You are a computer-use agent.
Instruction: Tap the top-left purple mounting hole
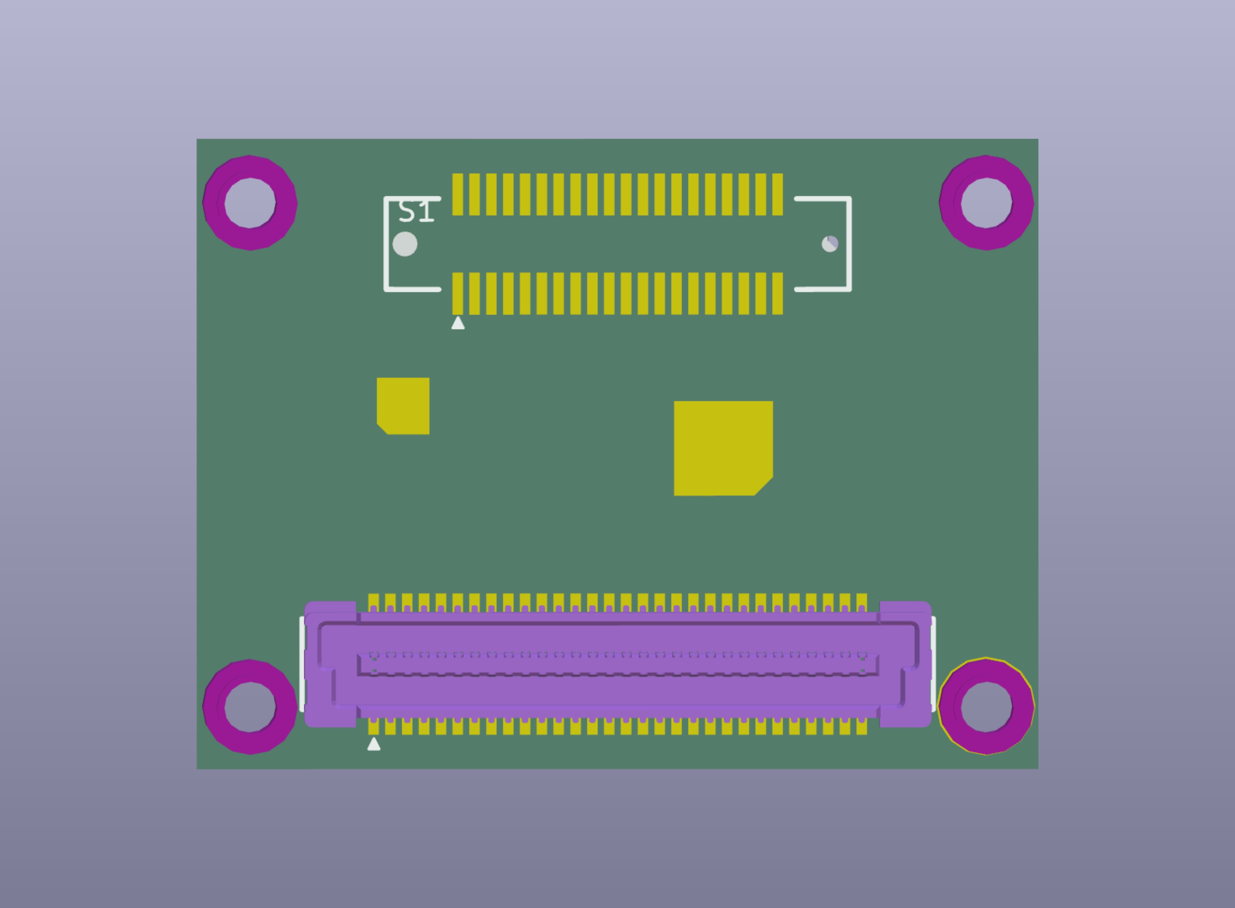click(x=250, y=203)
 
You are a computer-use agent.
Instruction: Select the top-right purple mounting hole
click(x=986, y=203)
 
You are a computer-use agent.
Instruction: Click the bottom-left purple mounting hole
click(x=250, y=707)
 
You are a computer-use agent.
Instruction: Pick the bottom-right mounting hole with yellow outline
click(x=986, y=707)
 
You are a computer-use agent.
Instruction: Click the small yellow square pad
click(x=403, y=406)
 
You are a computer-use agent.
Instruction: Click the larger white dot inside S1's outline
click(x=405, y=244)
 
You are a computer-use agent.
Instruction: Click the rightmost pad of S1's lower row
click(x=777, y=293)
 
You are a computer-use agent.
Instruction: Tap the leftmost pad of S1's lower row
click(x=457, y=293)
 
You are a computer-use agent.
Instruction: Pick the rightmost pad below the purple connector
click(x=861, y=727)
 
